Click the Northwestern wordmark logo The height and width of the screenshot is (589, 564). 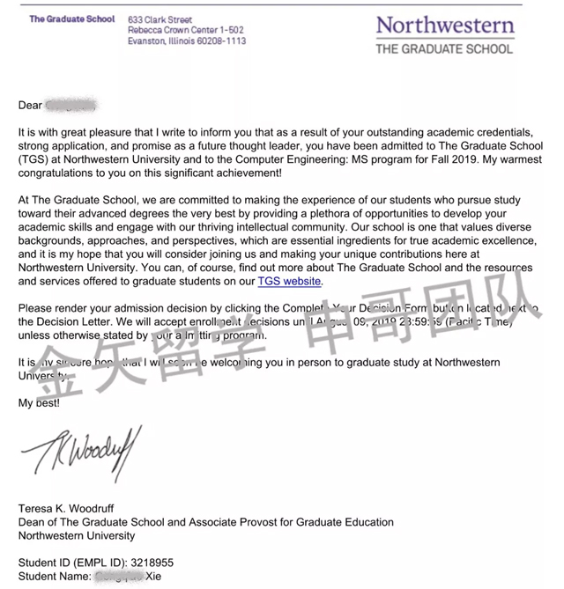click(x=444, y=25)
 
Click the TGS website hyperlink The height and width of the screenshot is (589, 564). click(x=290, y=282)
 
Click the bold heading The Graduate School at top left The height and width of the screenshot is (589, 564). click(x=72, y=18)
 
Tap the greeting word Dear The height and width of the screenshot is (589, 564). click(x=30, y=106)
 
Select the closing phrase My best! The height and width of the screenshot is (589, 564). click(x=40, y=402)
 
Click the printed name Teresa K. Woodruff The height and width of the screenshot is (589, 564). click(x=71, y=509)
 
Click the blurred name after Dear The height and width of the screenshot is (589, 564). click(x=70, y=106)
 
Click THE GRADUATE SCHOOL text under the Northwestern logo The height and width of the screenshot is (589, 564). click(x=444, y=48)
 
